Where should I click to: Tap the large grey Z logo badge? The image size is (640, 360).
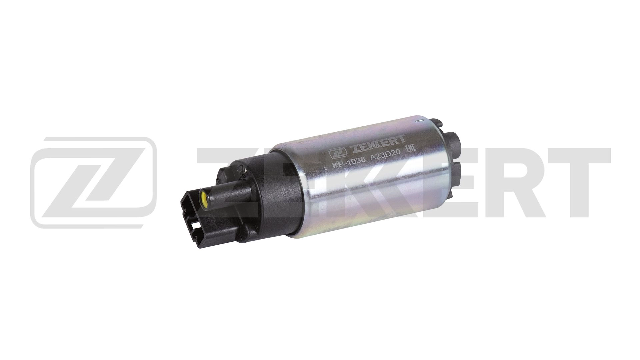click(93, 182)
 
